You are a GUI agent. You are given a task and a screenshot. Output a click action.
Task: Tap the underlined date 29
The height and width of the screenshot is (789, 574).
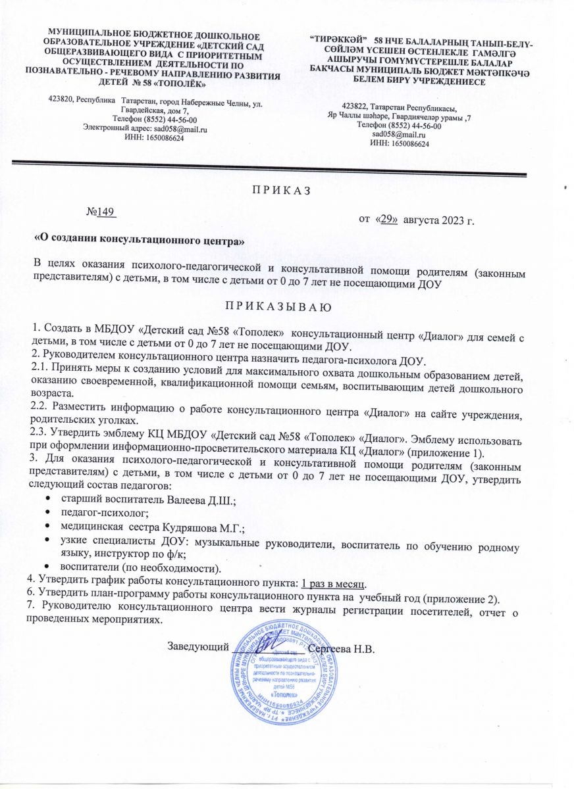pos(386,219)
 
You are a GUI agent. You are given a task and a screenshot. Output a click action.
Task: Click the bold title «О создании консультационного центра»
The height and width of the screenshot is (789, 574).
pos(140,241)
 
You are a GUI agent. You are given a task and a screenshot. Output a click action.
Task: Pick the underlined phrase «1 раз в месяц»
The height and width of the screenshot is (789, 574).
pos(334,583)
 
